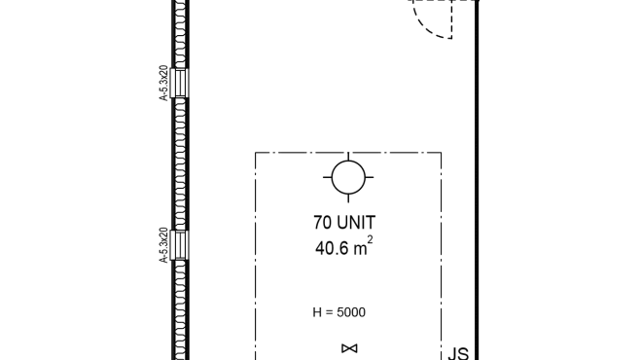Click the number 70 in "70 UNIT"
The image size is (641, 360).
[323, 223]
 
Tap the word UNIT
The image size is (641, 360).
[356, 223]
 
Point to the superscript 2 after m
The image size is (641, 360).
[370, 239]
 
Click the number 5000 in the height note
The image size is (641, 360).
[351, 312]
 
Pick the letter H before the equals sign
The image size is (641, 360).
[317, 312]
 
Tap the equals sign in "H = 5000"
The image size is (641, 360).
[330, 313]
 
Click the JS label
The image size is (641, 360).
[458, 353]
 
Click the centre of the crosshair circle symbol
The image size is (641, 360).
[348, 177]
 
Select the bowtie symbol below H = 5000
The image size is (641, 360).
[349, 348]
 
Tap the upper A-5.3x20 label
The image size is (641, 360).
[163, 83]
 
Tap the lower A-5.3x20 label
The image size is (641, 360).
[163, 245]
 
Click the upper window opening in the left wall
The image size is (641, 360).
[180, 83]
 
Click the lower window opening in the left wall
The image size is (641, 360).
[180, 245]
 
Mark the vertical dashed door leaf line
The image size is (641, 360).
[451, 19]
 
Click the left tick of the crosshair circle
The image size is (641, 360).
[327, 177]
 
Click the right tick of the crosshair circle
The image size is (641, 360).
[370, 177]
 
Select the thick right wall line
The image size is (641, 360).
[477, 180]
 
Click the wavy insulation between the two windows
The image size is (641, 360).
[180, 164]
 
